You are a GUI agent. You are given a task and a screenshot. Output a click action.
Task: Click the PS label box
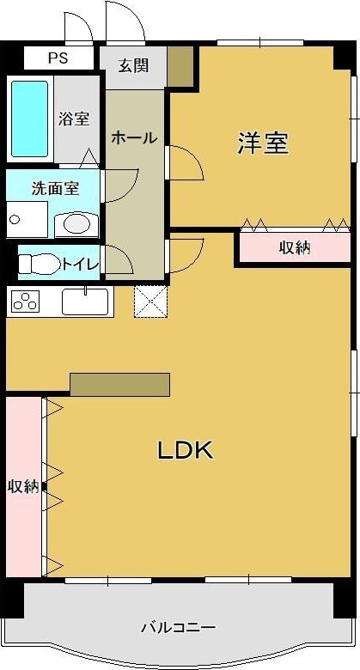click(58, 58)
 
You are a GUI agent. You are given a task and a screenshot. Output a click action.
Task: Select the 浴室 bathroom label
click(74, 119)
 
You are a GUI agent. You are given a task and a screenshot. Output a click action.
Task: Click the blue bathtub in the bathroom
click(29, 119)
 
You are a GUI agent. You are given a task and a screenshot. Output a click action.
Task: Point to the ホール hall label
click(133, 137)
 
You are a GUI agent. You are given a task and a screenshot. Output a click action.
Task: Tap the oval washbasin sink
click(76, 225)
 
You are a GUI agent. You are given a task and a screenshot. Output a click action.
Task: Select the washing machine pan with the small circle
click(27, 221)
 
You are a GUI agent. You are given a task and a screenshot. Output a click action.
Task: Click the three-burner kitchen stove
click(26, 302)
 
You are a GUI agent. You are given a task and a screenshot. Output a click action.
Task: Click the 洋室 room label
click(262, 143)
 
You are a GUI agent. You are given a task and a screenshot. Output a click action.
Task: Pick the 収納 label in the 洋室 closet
click(295, 248)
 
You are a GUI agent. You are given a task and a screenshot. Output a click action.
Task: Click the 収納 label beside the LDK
click(23, 486)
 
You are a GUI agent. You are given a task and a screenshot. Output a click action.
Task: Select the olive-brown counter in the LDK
click(120, 384)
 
